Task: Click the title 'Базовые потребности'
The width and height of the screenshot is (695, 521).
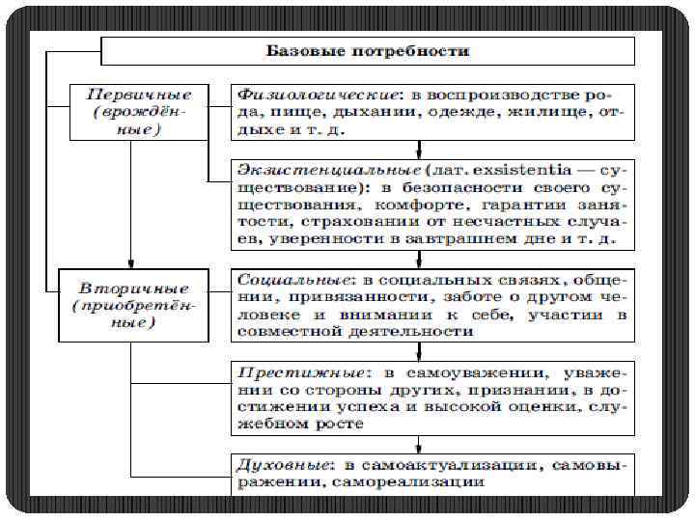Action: pyautogui.click(x=368, y=50)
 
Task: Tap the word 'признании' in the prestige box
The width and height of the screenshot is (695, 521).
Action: pyautogui.click(x=507, y=389)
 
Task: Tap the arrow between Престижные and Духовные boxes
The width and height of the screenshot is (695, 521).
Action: pyautogui.click(x=419, y=445)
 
